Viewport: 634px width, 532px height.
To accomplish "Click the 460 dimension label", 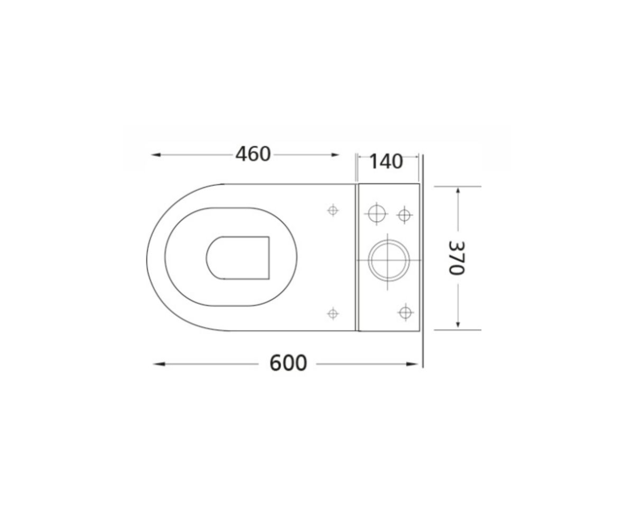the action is (x=253, y=154).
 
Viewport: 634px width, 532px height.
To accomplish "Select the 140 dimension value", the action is (x=386, y=161).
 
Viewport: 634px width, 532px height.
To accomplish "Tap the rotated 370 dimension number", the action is (x=456, y=258).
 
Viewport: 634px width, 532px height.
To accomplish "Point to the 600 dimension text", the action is (x=288, y=363).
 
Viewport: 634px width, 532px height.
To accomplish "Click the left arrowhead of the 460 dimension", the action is (x=155, y=155).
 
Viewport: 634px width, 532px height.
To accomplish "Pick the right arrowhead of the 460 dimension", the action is (x=335, y=155).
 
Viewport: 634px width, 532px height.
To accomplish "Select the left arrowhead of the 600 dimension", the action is (x=159, y=364).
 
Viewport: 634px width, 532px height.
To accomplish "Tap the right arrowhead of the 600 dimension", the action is (x=412, y=364).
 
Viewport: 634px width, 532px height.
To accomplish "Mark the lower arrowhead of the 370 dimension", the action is (x=458, y=324).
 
